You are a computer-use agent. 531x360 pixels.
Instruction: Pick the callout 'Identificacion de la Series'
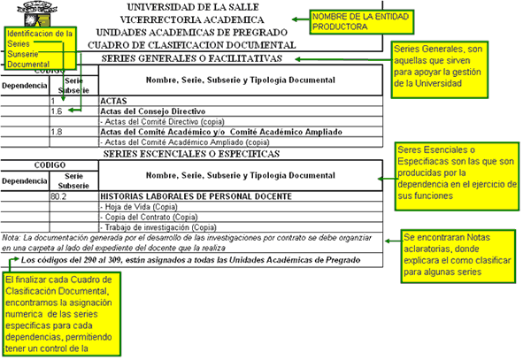click(x=38, y=48)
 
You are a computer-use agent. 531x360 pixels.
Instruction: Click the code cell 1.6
click(x=57, y=111)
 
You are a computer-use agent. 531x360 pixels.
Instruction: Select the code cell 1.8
click(x=57, y=131)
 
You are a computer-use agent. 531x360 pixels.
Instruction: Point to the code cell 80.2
click(x=59, y=195)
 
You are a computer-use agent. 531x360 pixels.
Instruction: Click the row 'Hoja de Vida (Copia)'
click(x=142, y=206)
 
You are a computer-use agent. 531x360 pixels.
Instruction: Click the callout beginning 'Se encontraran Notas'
click(x=455, y=255)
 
